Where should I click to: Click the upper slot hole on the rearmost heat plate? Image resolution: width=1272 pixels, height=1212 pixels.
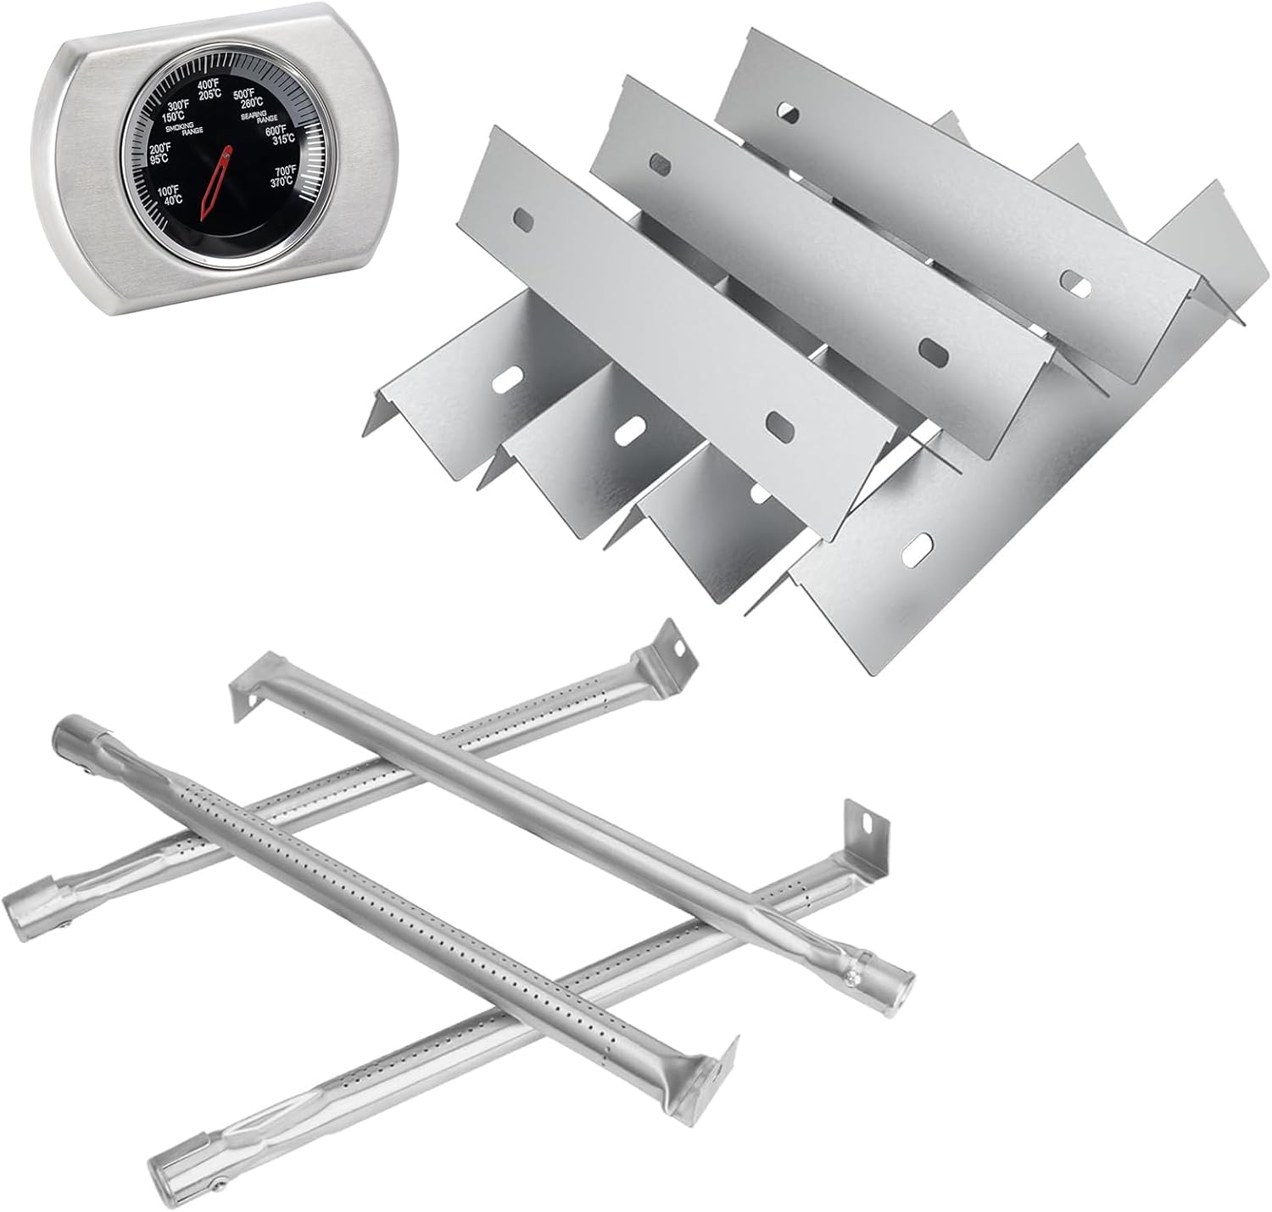click(789, 112)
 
